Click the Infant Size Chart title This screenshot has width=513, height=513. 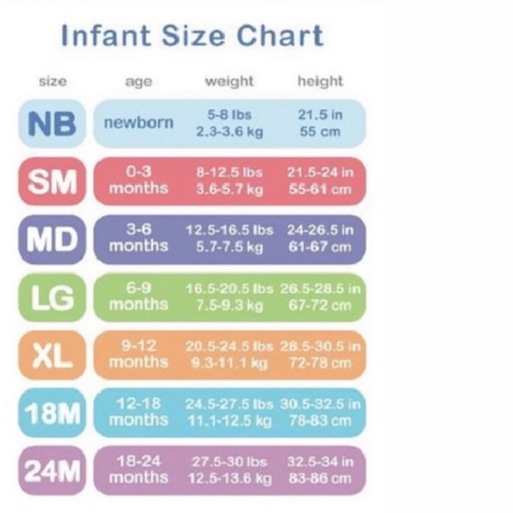pos(191,36)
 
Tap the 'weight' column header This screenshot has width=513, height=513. pos(228,81)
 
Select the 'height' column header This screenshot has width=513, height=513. pos(319,81)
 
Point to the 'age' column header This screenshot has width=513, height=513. pos(138,81)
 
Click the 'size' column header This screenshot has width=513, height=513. pos(52,81)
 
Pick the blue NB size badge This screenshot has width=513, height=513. pos(52,123)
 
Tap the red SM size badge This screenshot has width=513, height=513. pos(52,181)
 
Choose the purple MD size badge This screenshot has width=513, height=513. pos(52,239)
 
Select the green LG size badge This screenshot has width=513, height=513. pos(52,297)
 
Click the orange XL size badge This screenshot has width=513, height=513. pos(52,355)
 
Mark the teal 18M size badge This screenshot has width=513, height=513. pos(52,412)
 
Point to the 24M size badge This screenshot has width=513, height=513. pos(52,471)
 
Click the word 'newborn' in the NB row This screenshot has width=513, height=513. pos(138,123)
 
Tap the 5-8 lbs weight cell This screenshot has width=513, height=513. pos(229,115)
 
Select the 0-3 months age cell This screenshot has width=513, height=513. pos(138,181)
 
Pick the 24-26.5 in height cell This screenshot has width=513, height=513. pos(319,230)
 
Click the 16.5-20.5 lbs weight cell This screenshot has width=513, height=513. pos(229,288)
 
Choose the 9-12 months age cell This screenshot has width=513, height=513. pos(138,355)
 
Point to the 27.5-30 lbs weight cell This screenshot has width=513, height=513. pos(229,462)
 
